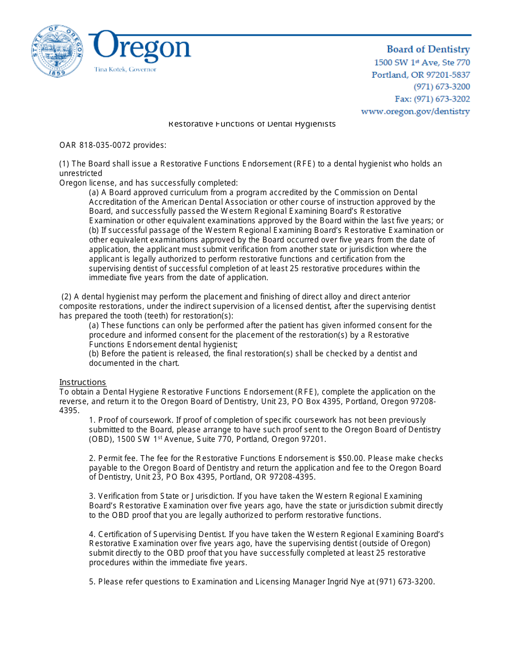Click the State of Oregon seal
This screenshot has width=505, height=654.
click(57, 51)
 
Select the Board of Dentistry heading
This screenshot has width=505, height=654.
click(428, 49)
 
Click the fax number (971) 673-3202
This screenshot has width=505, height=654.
click(432, 99)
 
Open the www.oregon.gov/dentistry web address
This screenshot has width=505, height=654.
click(415, 112)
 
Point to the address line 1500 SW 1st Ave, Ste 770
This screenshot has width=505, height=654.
click(422, 63)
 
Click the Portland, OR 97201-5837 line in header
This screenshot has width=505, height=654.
click(420, 75)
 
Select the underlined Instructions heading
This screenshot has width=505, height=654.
click(82, 382)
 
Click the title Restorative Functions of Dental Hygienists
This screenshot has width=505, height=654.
click(252, 124)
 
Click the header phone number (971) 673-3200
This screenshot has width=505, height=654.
click(442, 87)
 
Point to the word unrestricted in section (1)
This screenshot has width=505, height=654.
click(81, 173)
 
